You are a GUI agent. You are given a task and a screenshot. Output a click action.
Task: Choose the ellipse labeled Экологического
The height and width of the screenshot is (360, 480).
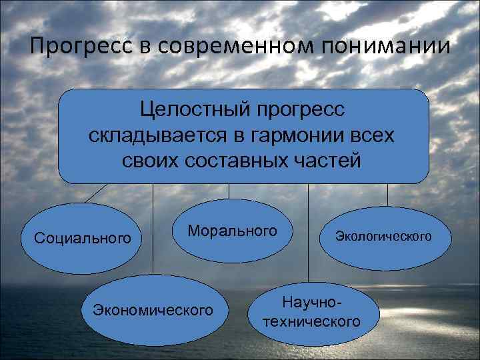(383, 237)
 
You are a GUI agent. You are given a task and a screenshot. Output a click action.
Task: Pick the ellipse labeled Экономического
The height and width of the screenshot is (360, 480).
(153, 310)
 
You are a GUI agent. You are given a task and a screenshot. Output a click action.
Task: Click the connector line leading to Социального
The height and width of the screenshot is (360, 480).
(96, 193)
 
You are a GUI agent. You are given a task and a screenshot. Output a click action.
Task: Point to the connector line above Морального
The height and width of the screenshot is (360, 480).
(229, 191)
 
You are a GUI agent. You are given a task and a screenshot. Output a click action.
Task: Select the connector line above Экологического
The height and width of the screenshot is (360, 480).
(387, 193)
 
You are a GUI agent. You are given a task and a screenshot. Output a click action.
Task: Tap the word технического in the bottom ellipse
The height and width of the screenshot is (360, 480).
(312, 322)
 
